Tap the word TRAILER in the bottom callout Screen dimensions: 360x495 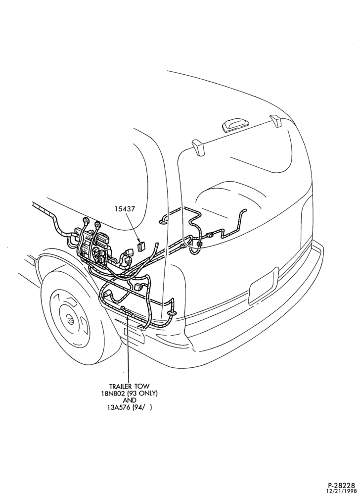coord(122,386)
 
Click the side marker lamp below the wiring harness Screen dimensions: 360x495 coord(134,336)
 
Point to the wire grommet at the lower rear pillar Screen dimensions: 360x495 coord(172,312)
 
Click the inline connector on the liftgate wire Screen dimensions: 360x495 coord(210,235)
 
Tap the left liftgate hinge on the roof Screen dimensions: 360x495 coord(198,147)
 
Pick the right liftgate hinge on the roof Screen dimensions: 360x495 coord(275,121)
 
